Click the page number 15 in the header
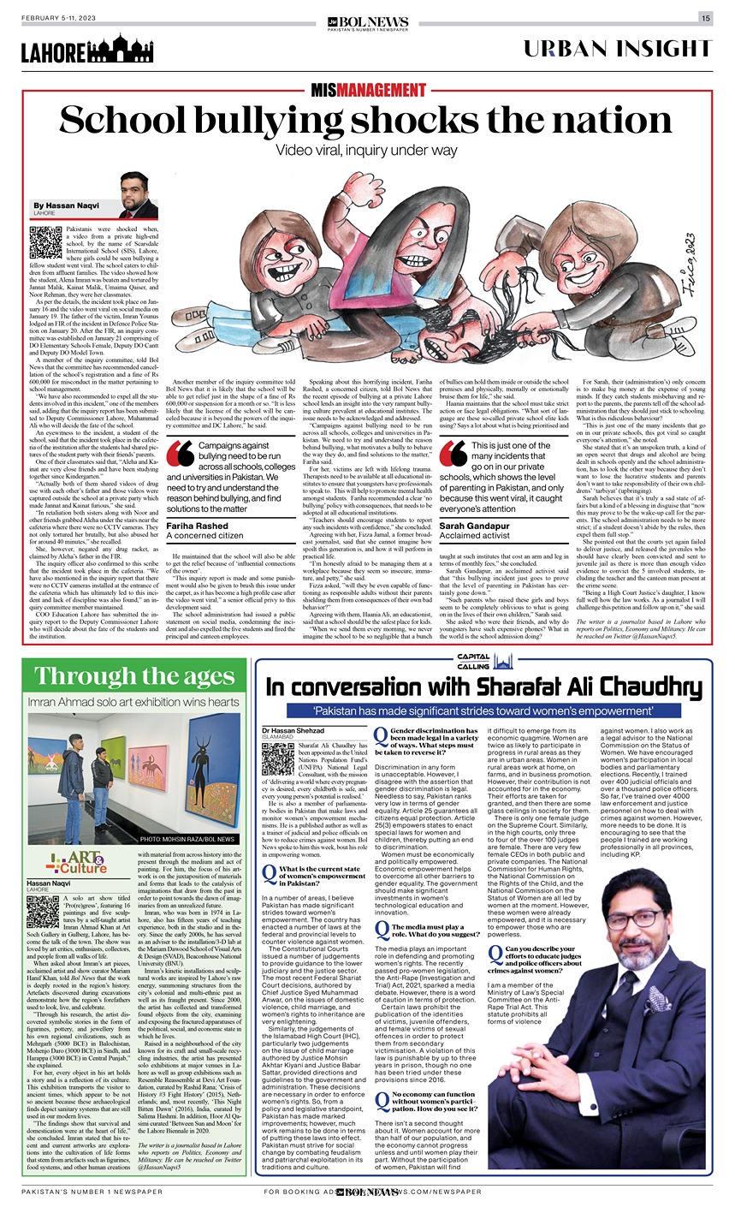click(705, 18)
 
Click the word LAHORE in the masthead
click(54, 51)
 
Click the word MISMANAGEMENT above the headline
click(368, 90)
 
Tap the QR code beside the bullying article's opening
click(46, 243)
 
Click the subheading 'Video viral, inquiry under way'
click(368, 151)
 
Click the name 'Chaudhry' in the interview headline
click(611, 687)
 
